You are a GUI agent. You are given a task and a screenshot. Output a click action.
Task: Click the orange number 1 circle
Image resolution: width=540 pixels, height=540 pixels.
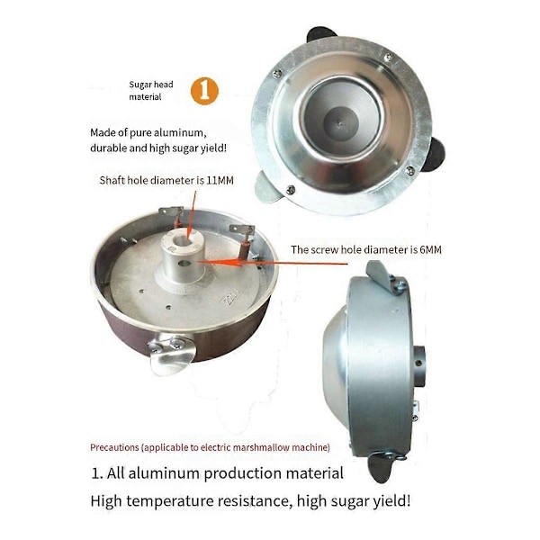[x=204, y=91]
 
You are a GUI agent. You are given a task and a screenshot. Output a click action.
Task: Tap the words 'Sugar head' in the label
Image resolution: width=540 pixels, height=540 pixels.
[x=151, y=85]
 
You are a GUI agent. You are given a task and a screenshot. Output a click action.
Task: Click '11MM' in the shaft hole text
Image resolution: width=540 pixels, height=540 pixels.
[x=220, y=180]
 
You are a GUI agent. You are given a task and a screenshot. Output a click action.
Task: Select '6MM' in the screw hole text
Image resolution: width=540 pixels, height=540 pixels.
[x=430, y=249]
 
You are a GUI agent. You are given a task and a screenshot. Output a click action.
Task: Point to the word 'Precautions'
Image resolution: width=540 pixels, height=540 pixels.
[x=114, y=447]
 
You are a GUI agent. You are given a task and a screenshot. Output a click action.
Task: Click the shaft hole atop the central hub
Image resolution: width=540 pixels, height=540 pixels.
[x=182, y=240]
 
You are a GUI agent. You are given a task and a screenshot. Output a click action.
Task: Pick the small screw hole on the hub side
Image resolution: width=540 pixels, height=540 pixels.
[x=184, y=264]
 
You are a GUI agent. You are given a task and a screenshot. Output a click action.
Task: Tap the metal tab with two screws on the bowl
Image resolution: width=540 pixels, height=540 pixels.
[x=170, y=352]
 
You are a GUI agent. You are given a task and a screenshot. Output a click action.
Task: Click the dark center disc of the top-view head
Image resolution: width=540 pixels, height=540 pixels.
[x=342, y=123]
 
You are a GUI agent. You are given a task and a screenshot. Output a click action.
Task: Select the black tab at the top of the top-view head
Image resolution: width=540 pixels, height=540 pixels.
[x=321, y=34]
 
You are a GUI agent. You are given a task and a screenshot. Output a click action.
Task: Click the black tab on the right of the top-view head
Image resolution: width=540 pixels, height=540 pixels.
[x=436, y=154]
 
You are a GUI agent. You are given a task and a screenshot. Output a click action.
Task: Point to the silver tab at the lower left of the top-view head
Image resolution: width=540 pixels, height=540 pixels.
[x=268, y=188]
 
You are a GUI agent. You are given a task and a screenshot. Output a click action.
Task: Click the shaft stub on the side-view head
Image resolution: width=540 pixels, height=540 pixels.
[x=419, y=364]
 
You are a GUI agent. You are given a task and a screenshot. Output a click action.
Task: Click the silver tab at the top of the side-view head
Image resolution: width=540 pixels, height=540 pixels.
[x=381, y=274]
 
